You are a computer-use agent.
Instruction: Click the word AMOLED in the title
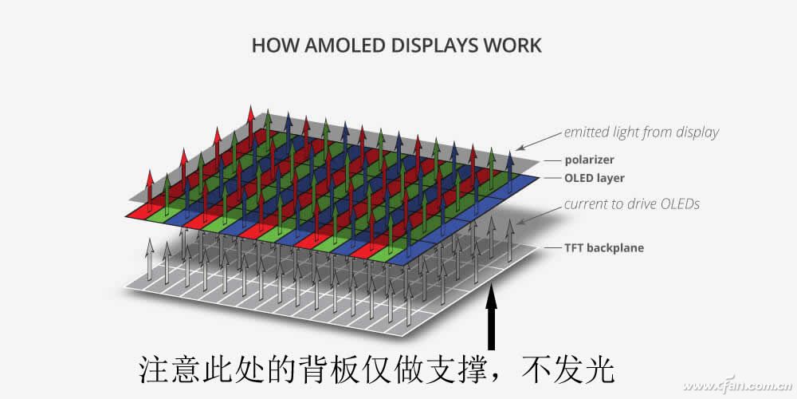coord(345,45)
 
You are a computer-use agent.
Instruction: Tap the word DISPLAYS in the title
coord(434,45)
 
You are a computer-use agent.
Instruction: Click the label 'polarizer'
coord(589,160)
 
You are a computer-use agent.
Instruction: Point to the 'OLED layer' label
coord(595,178)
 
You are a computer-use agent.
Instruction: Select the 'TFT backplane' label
coord(604,248)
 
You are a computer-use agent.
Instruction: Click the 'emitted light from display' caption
coord(642,132)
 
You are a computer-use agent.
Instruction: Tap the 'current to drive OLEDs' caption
coord(632,204)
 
